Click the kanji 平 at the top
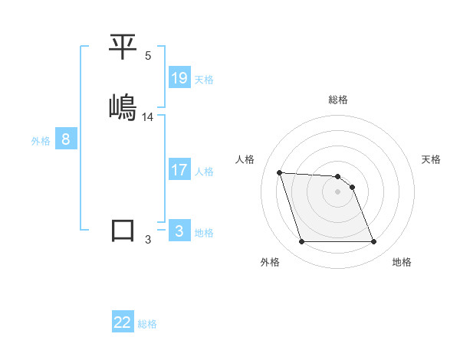123,48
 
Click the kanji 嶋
123,107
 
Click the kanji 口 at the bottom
123,230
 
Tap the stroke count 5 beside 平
148,56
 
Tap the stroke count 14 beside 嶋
148,117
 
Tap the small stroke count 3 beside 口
148,240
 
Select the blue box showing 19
179,78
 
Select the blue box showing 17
179,170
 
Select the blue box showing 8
66,139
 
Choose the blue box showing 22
123,322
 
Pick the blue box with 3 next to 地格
179,231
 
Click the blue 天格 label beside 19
204,80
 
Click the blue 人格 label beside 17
204,172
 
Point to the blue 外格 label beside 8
41,141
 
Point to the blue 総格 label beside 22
147,324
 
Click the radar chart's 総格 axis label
338,100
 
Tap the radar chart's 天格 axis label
432,159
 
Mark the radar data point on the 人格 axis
279,172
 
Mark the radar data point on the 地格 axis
373,242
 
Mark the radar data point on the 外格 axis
301,242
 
